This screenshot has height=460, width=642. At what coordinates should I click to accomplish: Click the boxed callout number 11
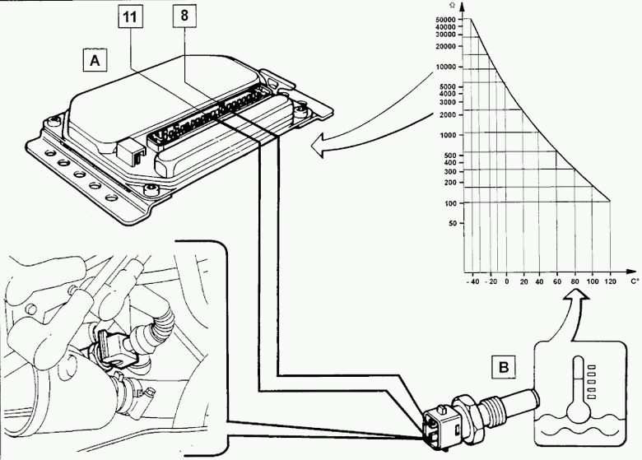click(131, 16)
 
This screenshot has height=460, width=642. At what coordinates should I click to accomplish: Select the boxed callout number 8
click(184, 16)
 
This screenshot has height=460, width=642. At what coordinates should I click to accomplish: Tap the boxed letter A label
click(95, 60)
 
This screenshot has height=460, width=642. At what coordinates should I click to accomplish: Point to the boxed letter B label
click(504, 367)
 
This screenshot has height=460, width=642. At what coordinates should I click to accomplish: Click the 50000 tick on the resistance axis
click(445, 20)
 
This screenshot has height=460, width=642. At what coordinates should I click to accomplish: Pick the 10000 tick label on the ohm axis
click(445, 67)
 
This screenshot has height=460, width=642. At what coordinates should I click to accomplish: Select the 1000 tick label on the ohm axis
click(448, 135)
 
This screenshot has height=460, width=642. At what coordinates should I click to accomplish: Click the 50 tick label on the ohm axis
click(452, 224)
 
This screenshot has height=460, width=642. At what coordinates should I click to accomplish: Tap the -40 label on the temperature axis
click(472, 281)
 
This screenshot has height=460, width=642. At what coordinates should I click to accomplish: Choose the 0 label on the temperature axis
click(507, 281)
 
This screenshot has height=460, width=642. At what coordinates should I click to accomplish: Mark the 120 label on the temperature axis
click(610, 281)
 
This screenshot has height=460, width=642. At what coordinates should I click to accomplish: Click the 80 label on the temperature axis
click(575, 281)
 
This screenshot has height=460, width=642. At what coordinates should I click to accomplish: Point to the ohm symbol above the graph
click(452, 5)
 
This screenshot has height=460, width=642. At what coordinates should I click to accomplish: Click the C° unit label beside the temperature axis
click(635, 281)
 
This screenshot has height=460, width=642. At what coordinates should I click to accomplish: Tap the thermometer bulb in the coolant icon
click(578, 411)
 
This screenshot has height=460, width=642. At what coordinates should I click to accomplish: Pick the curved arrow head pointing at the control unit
click(321, 146)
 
